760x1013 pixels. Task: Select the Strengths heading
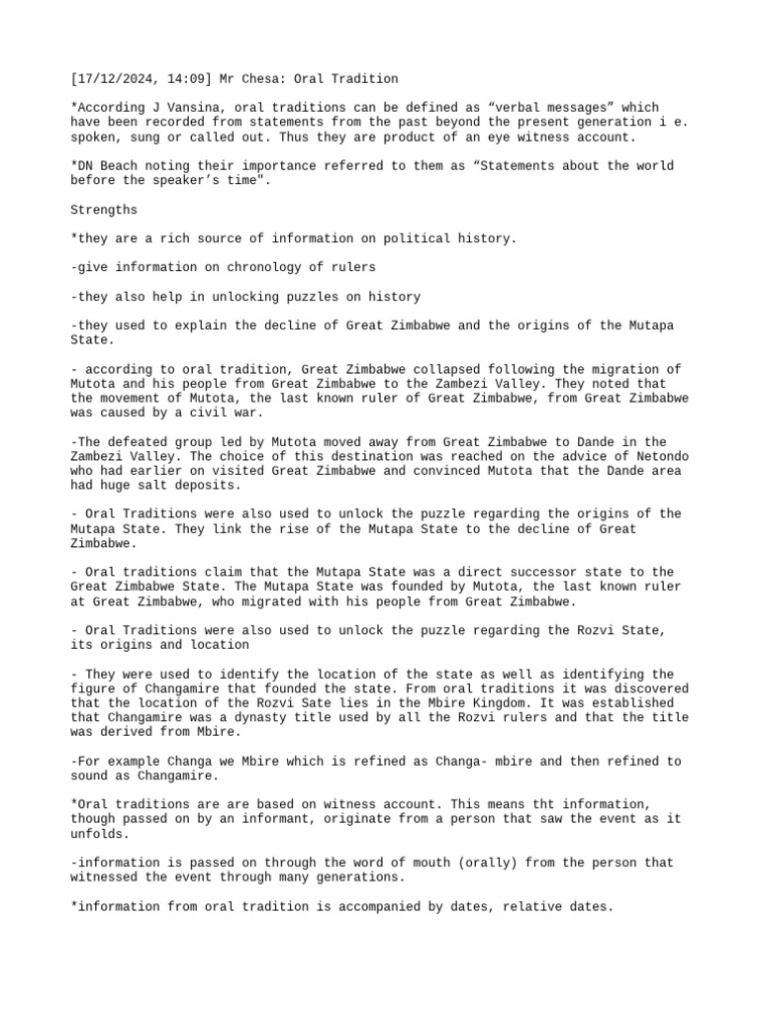[x=104, y=210]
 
